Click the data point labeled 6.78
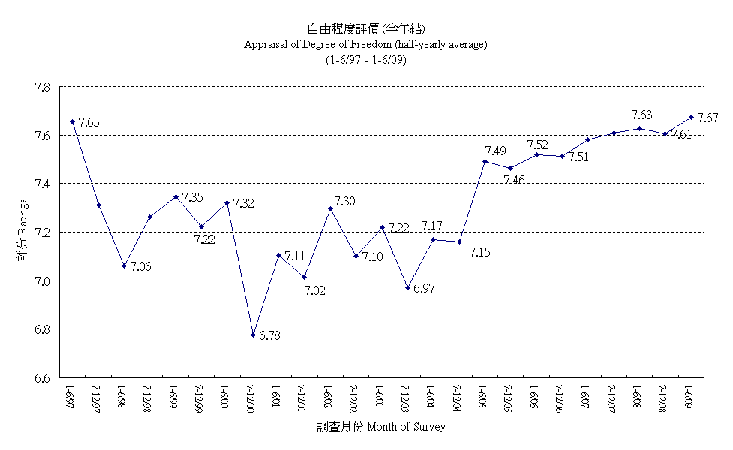[253, 334]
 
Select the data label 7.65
[89, 122]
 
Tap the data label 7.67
[707, 118]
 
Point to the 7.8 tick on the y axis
[42, 87]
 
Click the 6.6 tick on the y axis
[42, 378]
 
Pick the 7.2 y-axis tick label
[42, 232]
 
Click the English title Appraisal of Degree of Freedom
[365, 44]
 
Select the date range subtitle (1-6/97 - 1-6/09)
[366, 61]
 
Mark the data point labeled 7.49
[485, 161]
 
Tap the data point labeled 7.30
[330, 208]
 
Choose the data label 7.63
[641, 115]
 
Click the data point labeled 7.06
[124, 265]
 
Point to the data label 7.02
[315, 290]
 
